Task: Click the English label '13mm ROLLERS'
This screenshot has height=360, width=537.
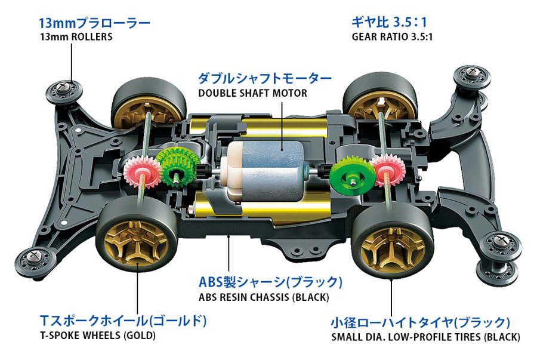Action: click(x=75, y=37)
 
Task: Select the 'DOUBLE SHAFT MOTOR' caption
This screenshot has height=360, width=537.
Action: click(x=252, y=93)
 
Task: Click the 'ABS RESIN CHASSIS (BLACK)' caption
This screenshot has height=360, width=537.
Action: click(x=263, y=296)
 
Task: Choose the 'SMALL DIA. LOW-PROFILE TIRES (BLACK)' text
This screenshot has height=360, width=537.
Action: click(x=425, y=337)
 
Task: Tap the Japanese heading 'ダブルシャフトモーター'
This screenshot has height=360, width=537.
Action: click(x=264, y=78)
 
